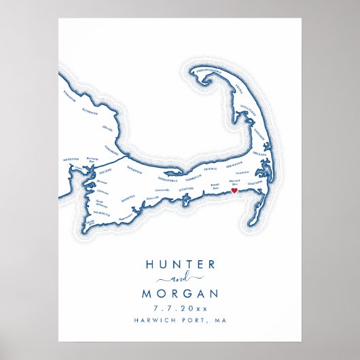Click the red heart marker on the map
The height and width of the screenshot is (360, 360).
tap(234, 192)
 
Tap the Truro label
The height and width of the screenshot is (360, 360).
tap(240, 86)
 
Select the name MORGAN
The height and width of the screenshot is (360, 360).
tap(180, 294)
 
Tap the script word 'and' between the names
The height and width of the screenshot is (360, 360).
tap(180, 279)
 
